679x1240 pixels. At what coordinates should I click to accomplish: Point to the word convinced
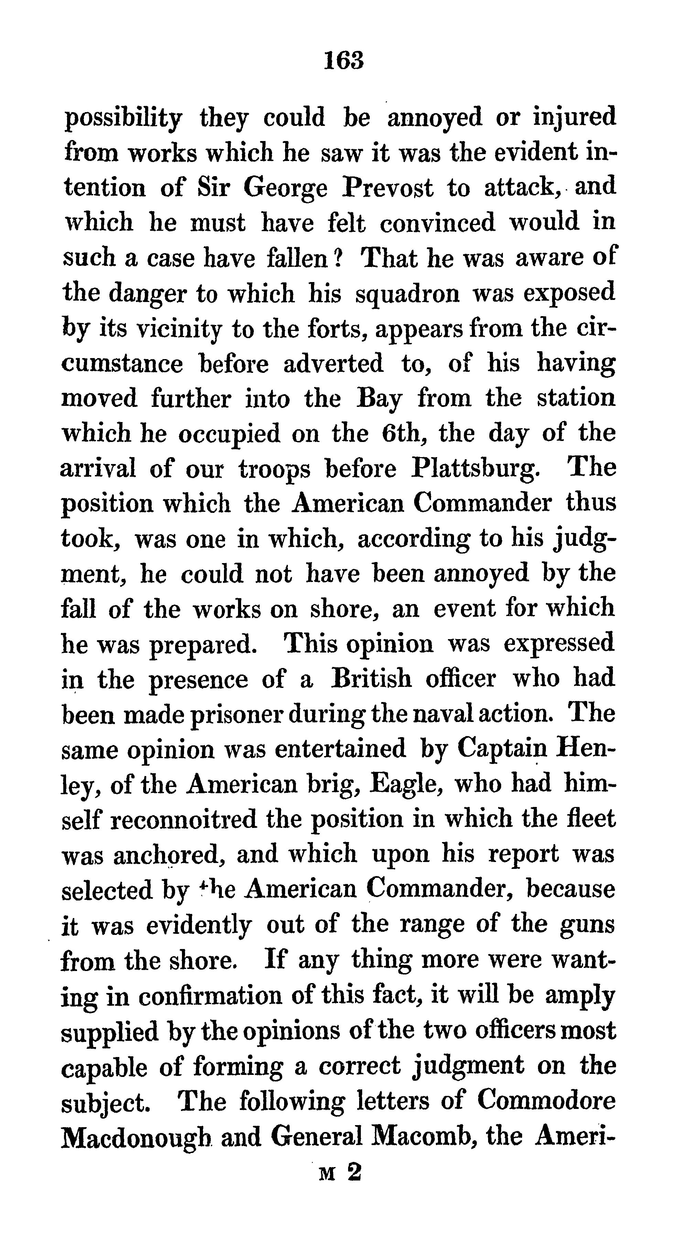click(x=436, y=223)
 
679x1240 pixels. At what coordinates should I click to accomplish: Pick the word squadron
click(x=408, y=294)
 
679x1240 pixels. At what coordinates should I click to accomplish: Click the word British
click(x=371, y=679)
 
